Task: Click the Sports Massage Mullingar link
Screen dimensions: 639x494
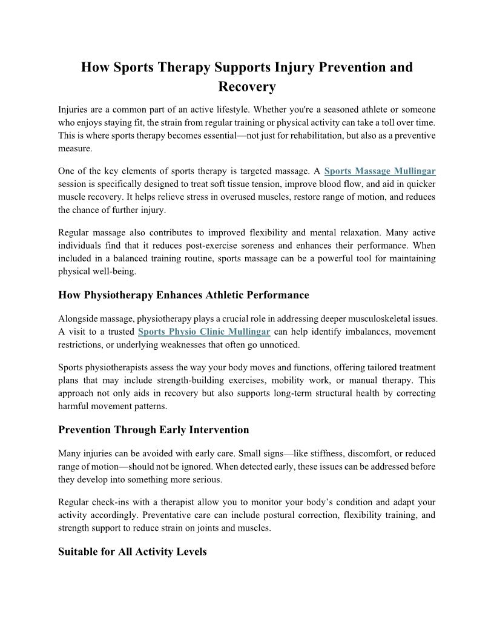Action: [x=380, y=171]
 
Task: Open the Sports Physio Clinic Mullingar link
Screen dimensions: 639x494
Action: [x=203, y=332]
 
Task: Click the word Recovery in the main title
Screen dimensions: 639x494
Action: [x=247, y=87]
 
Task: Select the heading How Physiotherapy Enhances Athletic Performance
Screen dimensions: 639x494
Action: [x=183, y=295]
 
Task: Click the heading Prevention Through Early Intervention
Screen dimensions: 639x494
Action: [x=153, y=430]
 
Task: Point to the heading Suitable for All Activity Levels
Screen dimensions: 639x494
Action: [x=132, y=552]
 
